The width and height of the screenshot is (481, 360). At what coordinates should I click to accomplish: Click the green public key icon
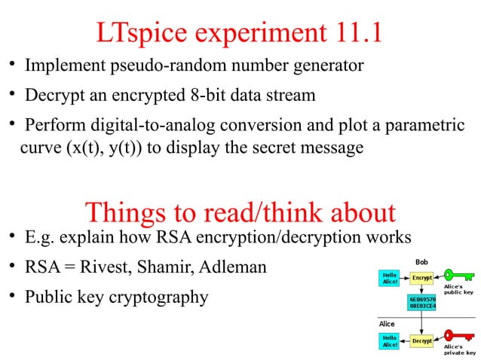458,274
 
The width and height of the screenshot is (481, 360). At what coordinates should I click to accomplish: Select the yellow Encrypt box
421,278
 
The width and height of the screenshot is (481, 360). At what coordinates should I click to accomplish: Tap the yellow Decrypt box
421,341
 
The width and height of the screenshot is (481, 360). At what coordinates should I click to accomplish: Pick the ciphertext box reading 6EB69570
421,303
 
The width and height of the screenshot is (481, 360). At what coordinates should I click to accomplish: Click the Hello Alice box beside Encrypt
390,278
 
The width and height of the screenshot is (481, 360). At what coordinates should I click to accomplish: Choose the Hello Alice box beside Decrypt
390,341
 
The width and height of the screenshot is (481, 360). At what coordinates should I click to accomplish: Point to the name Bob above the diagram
421,261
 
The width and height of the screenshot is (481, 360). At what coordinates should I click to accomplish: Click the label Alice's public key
458,290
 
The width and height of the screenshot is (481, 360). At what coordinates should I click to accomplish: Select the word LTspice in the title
139,32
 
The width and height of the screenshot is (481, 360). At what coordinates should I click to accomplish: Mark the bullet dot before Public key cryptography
13,295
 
